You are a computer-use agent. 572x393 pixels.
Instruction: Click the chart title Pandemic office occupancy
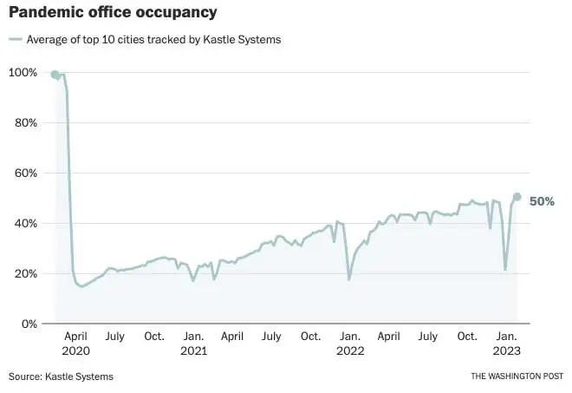(113, 13)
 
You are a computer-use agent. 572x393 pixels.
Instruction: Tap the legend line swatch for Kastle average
(15, 39)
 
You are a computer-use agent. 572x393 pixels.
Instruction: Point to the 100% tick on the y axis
(23, 72)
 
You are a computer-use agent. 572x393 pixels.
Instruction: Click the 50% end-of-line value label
(542, 201)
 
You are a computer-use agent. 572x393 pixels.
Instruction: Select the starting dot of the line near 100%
(55, 75)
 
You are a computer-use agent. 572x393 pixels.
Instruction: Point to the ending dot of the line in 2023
(517, 197)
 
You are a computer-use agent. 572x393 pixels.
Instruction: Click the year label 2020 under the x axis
(76, 351)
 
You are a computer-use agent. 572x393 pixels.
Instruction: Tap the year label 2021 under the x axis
(193, 351)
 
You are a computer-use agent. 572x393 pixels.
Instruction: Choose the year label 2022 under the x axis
(350, 351)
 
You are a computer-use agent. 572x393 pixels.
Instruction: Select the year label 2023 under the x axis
(507, 351)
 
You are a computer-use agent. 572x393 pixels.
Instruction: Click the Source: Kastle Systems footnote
(61, 377)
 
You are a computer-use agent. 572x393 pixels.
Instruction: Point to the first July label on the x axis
(114, 336)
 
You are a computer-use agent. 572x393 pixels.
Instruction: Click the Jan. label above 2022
(350, 336)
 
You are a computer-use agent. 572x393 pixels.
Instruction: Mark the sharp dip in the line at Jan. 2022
(349, 278)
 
